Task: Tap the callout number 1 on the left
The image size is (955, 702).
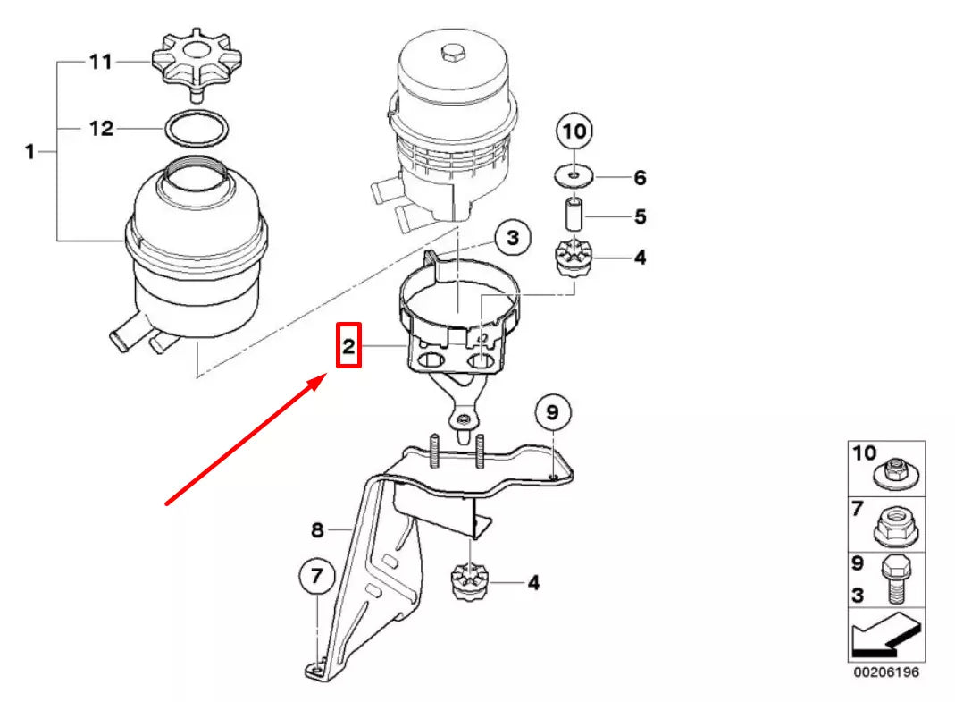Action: coord(29,152)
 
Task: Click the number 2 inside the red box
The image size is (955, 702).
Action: coord(348,346)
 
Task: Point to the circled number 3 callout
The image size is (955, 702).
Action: coord(511,238)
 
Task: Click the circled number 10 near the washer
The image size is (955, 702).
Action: coord(574,131)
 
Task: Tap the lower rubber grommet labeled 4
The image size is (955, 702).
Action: coord(468,583)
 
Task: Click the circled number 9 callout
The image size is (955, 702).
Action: coord(552,412)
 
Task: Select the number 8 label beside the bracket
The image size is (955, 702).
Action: coord(317,530)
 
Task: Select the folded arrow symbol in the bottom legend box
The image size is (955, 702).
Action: coord(884,635)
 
